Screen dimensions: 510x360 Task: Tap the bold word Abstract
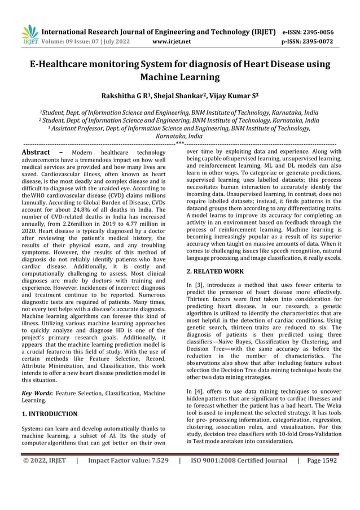(x=37, y=152)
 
